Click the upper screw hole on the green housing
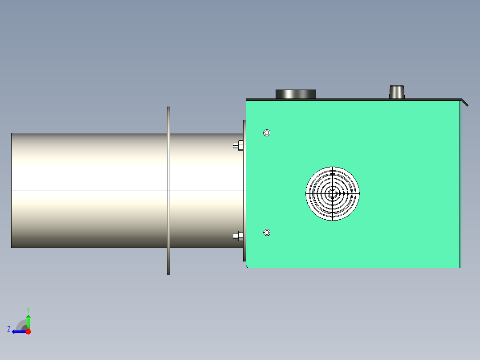point(267,133)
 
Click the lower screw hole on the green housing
point(267,232)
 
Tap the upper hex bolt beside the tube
point(238,145)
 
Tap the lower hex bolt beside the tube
point(238,236)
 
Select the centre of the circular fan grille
point(332,193)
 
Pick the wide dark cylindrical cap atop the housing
point(296,94)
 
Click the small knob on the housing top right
point(397,92)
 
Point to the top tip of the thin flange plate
point(168,108)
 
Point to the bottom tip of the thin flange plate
point(168,273)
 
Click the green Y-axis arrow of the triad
point(28,320)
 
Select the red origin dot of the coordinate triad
point(28,331)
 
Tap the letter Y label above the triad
point(28,309)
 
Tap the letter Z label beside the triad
point(9,329)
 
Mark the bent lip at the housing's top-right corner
point(465,103)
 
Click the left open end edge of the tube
point(12,191)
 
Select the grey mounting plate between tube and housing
point(244,191)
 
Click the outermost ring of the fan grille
point(332,168)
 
